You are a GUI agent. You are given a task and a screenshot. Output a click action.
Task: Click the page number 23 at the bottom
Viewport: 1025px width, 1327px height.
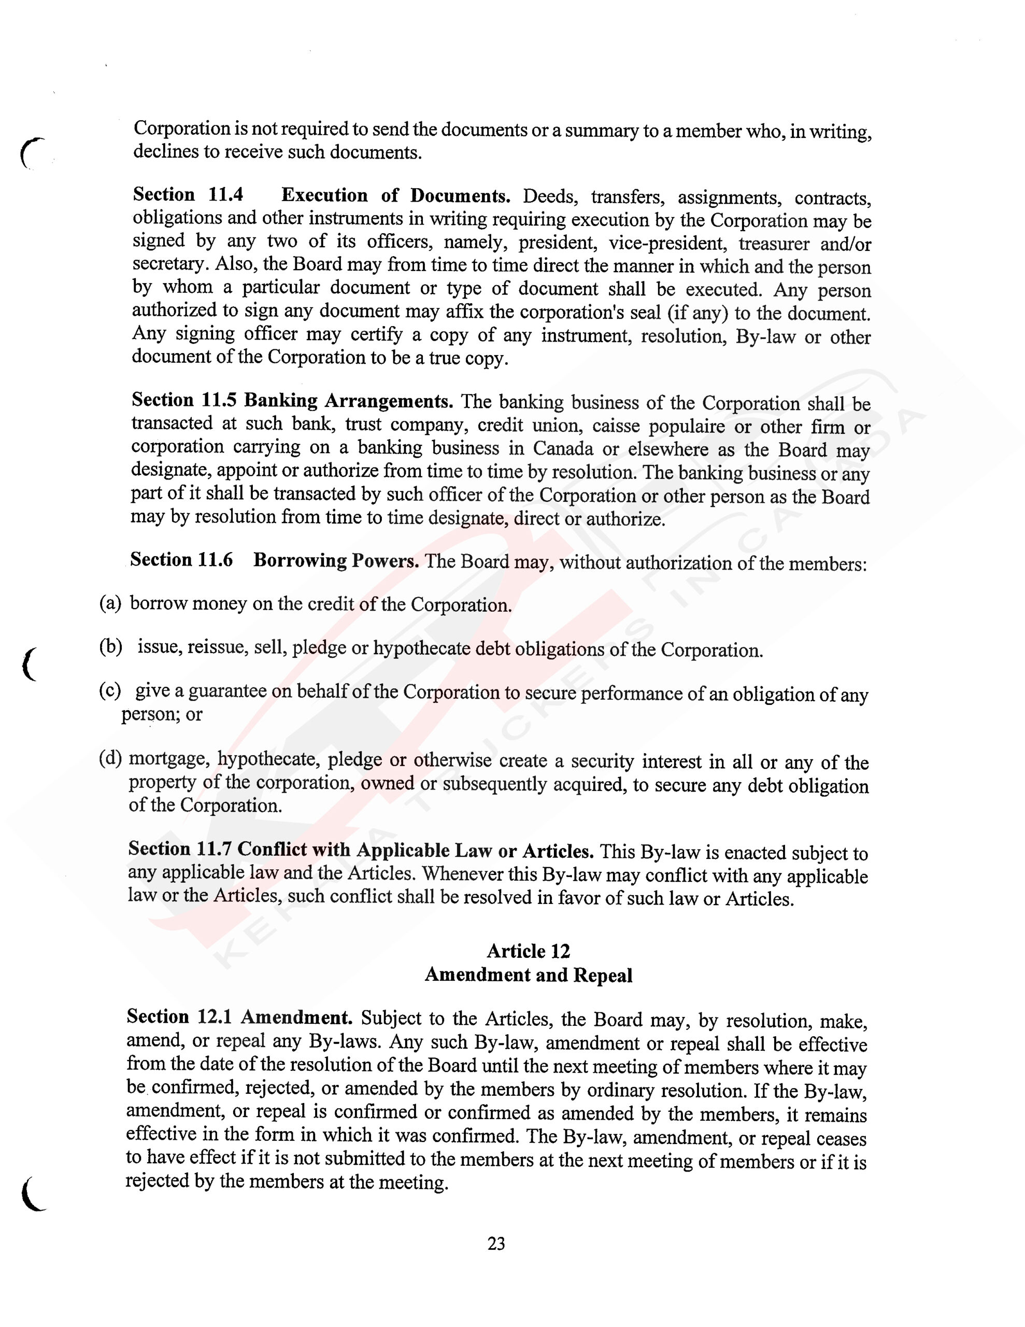(496, 1244)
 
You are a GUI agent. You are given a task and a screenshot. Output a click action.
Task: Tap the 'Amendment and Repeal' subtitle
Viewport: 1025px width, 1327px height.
(528, 975)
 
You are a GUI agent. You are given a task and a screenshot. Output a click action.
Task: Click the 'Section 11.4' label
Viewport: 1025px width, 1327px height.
(188, 195)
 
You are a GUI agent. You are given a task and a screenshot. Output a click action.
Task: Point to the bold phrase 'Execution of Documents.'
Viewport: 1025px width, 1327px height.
(395, 195)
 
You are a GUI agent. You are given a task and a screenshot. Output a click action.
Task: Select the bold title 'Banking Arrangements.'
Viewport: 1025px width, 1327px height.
(349, 401)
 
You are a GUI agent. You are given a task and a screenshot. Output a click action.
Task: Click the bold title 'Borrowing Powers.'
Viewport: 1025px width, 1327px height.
(336, 560)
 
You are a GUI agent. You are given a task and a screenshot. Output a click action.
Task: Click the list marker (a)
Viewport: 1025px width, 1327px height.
(110, 603)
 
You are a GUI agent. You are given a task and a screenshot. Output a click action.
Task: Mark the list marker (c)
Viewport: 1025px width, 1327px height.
(110, 691)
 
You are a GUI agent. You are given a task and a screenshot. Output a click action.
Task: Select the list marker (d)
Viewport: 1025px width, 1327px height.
(110, 759)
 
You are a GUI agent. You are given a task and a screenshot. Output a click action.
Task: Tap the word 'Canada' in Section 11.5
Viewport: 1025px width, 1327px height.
(563, 448)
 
